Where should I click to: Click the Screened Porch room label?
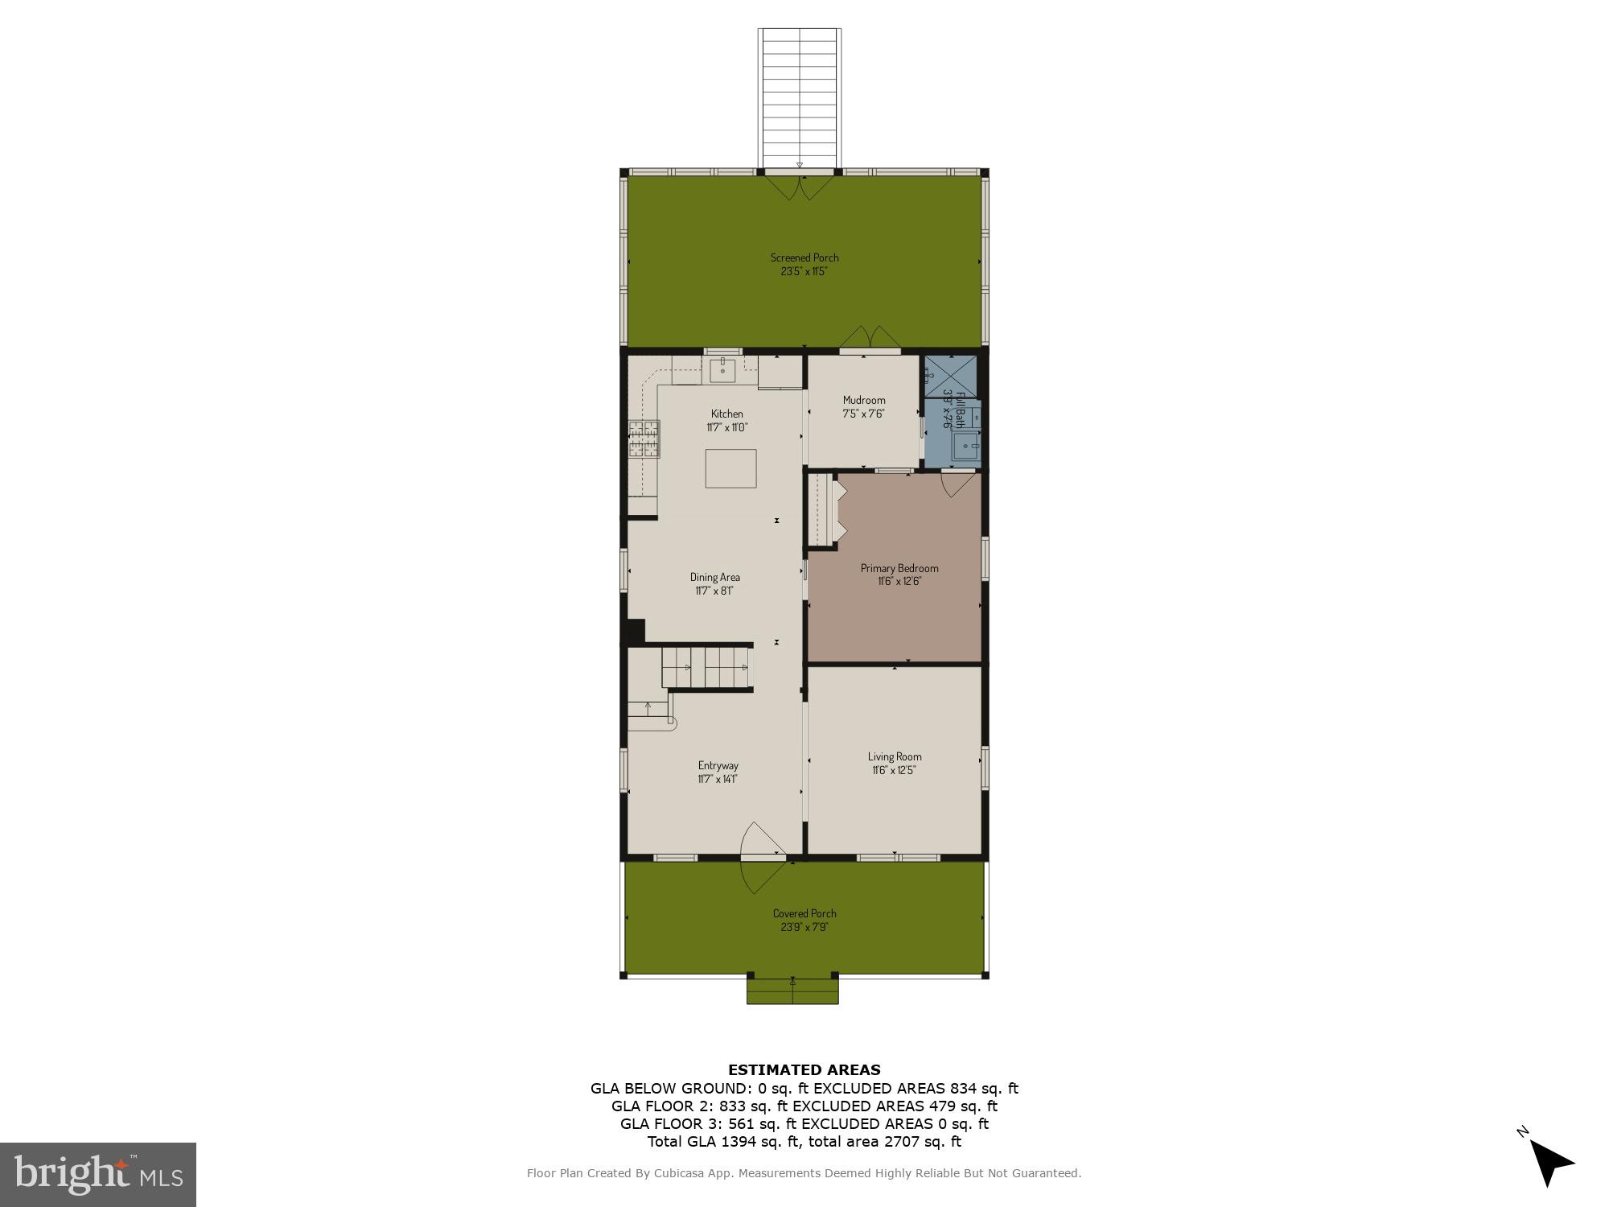coord(804,257)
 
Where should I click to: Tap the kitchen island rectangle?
coord(730,468)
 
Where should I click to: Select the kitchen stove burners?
coord(644,439)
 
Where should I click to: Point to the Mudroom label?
coord(864,400)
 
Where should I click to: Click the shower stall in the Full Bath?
coord(950,376)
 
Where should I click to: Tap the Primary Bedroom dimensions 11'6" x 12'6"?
coord(899,581)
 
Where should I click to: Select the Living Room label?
coord(895,756)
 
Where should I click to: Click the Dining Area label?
coord(714,577)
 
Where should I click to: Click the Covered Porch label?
coord(804,913)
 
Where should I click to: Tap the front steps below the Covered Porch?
coord(792,991)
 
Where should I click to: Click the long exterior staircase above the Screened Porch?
coord(800,97)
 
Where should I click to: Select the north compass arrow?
coord(1549,1163)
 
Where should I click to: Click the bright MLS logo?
coord(98,1175)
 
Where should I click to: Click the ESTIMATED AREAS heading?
coord(804,1070)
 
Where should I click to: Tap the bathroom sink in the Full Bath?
coord(965,445)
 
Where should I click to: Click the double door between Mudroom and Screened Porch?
coord(870,339)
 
